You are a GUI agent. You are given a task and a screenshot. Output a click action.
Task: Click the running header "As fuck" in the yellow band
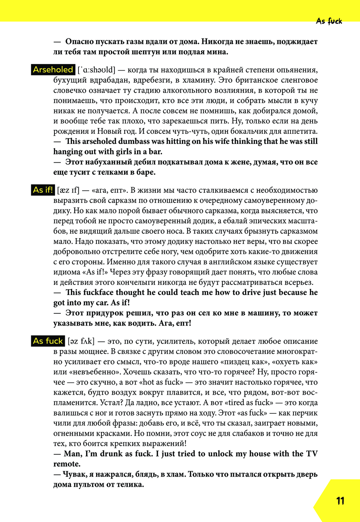329,21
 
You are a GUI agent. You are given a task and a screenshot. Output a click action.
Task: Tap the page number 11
340,501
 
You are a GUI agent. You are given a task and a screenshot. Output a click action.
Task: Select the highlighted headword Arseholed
53,69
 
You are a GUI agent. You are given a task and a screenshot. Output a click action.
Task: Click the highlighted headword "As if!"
43,190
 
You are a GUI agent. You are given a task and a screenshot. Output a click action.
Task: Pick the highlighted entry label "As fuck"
48,341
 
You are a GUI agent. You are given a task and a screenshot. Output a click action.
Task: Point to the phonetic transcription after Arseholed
96,70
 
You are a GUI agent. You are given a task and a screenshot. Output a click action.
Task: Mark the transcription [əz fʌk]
80,341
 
